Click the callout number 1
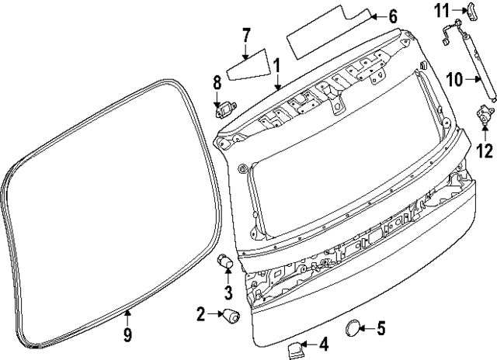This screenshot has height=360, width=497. click(276, 67)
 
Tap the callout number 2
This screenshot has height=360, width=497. click(200, 314)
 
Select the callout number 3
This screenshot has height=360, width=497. click(228, 292)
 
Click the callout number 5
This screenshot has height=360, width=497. click(381, 328)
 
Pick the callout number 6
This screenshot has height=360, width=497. click(392, 16)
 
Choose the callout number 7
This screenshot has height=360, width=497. click(245, 35)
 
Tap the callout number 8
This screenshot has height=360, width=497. click(217, 81)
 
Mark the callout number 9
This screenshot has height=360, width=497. click(128, 335)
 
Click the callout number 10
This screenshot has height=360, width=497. click(454, 78)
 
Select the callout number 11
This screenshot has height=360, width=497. click(442, 9)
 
